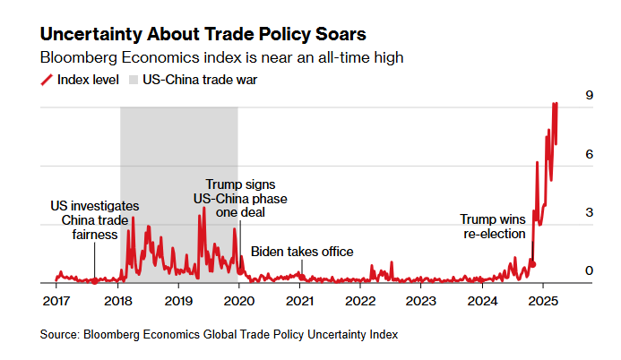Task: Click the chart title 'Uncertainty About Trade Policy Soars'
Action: pyautogui.click(x=203, y=35)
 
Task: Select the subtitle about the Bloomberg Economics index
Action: pyautogui.click(x=222, y=57)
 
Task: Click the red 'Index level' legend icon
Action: pyautogui.click(x=47, y=80)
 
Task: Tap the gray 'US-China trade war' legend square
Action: pyautogui.click(x=135, y=80)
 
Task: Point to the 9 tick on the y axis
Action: pyautogui.click(x=589, y=96)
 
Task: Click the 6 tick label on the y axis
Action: pyautogui.click(x=589, y=154)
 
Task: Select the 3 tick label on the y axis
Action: pyautogui.click(x=589, y=212)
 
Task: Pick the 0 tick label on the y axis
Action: pyautogui.click(x=589, y=270)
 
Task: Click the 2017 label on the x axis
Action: pyautogui.click(x=56, y=299)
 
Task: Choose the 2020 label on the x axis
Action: pyautogui.click(x=239, y=299)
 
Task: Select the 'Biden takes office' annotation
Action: pyautogui.click(x=301, y=252)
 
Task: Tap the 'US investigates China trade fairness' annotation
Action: pyautogui.click(x=94, y=220)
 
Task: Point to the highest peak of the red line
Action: pyautogui.click(x=556, y=103)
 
